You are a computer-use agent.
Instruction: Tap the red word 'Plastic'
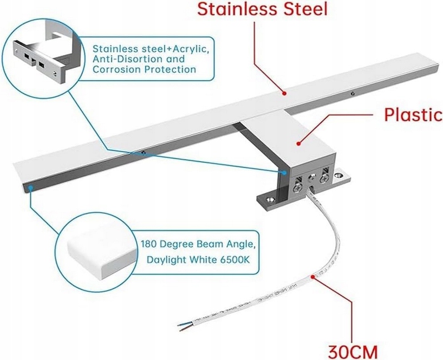(412, 115)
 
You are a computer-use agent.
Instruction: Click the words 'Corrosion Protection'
(144, 70)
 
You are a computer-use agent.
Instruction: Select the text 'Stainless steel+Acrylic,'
(151, 48)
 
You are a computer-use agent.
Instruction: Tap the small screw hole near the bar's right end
(351, 94)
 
